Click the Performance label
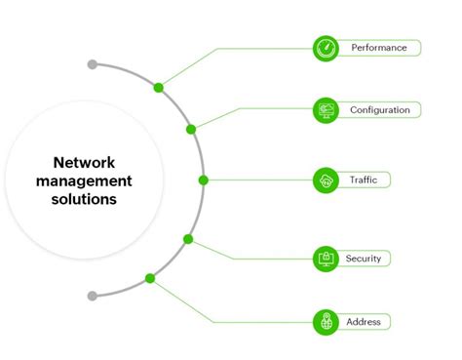click(378, 48)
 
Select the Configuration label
click(379, 110)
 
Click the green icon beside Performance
click(325, 48)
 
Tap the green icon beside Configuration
click(325, 110)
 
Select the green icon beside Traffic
click(325, 180)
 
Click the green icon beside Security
click(325, 259)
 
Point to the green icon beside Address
click(325, 321)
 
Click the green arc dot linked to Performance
click(158, 88)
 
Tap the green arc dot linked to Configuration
click(191, 129)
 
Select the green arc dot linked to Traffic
click(203, 180)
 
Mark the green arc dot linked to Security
click(188, 239)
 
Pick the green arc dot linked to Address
click(150, 278)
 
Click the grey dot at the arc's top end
click(93, 64)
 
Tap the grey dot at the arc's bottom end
click(92, 295)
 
